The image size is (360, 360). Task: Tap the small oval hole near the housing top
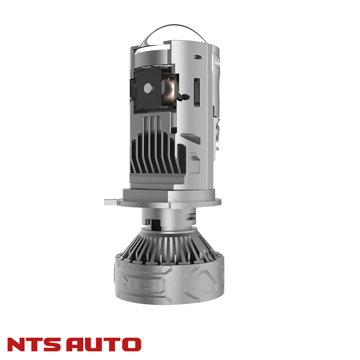197,57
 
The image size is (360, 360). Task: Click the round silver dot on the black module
147,87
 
